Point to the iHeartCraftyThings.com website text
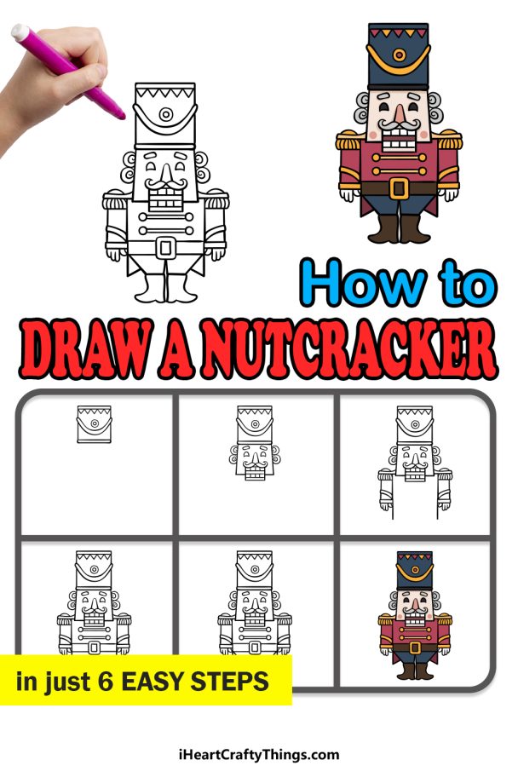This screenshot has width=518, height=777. (x=259, y=754)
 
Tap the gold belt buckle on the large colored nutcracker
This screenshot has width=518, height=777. (x=399, y=187)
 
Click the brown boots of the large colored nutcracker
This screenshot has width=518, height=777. (x=399, y=228)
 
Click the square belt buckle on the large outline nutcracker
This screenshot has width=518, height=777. (x=166, y=247)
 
